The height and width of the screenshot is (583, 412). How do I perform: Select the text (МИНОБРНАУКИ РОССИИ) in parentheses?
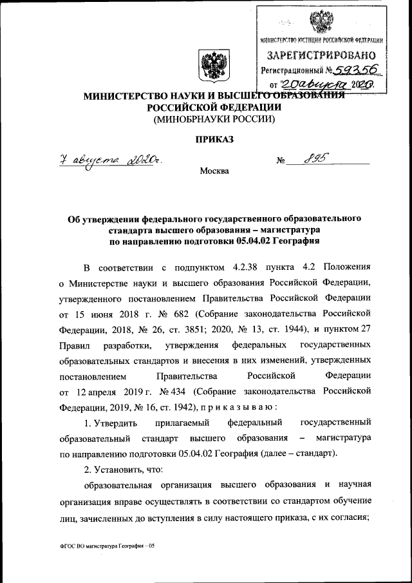(214, 119)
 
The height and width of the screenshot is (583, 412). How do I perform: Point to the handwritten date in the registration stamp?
(328, 84)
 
